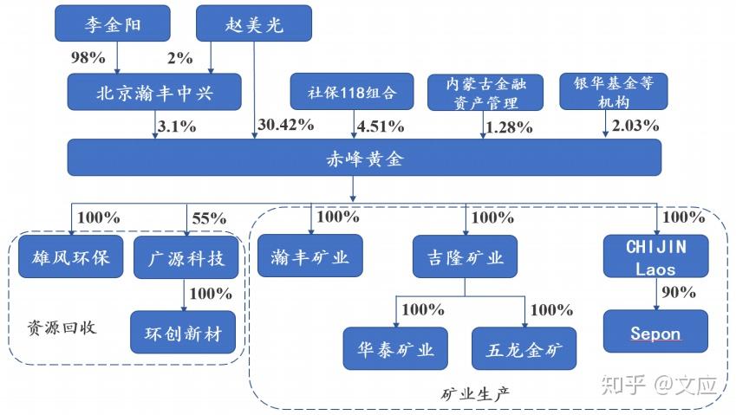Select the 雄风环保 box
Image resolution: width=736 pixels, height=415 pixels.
point(70,257)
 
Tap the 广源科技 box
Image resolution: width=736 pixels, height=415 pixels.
point(186,257)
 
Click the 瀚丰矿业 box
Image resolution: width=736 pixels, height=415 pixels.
point(309,257)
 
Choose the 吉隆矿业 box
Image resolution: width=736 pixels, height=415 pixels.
point(465,257)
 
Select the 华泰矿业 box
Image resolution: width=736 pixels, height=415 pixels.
point(395,348)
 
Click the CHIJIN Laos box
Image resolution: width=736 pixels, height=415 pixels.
point(655,257)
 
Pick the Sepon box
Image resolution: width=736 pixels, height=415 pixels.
point(655,334)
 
